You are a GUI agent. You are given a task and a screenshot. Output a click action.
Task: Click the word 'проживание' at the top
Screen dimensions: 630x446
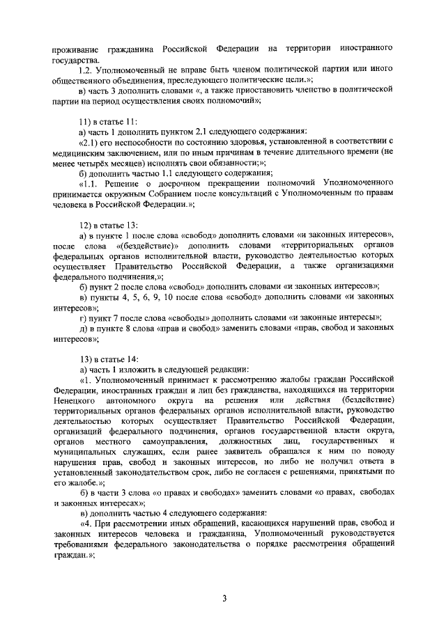(75, 49)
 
